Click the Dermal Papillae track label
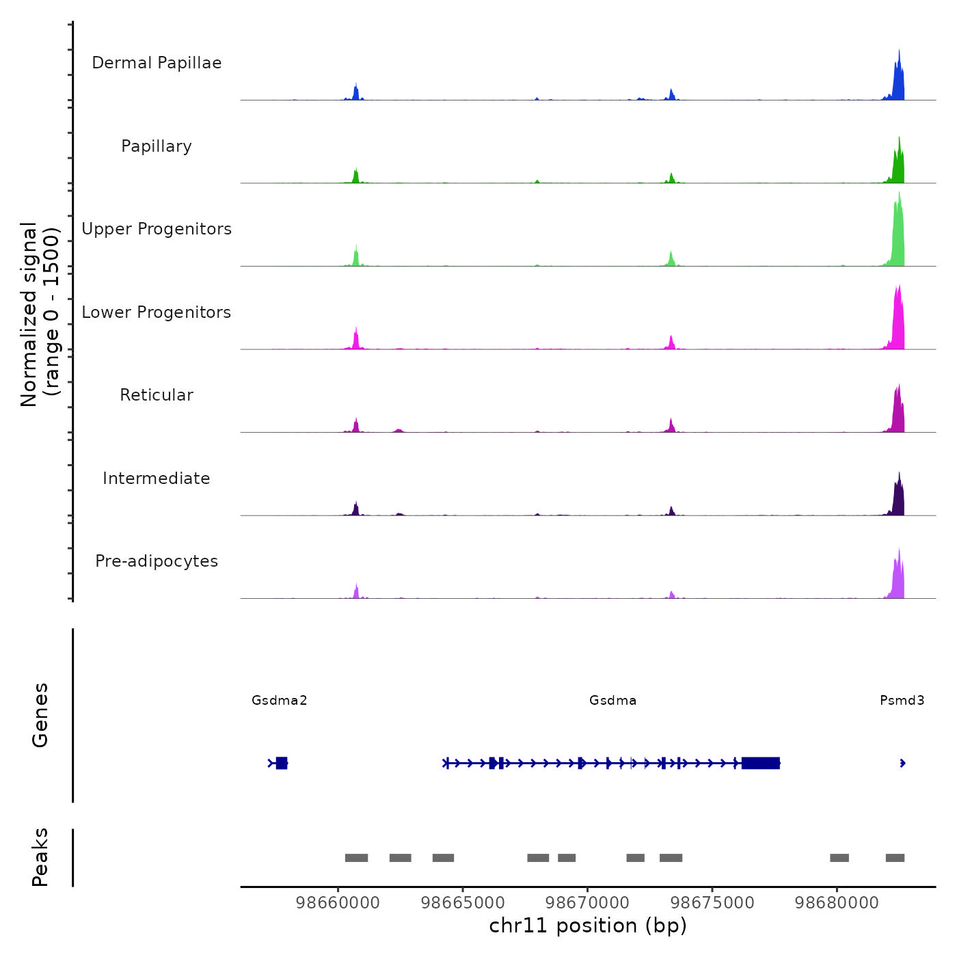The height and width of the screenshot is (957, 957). tap(157, 63)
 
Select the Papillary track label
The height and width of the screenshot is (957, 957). tap(157, 146)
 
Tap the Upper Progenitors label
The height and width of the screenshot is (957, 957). tap(157, 229)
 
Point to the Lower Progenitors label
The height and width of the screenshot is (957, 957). tap(157, 312)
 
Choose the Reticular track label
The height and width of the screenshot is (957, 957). tap(157, 395)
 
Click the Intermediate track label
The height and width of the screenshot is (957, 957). tap(157, 478)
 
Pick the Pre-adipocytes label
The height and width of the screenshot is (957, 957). tap(157, 561)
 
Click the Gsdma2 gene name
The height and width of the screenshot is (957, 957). tap(279, 700)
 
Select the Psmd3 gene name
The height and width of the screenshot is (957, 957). tap(902, 700)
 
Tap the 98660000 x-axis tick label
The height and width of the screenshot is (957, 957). tap(338, 902)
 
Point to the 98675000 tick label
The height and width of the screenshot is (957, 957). tap(712, 902)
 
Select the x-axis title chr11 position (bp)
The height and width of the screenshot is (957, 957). tap(588, 926)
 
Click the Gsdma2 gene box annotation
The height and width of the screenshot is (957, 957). tap(281, 763)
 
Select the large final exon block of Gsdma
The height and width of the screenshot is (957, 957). tap(760, 763)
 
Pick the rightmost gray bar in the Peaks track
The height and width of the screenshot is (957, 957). tap(895, 858)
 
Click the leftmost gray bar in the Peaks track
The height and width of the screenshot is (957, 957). tap(356, 858)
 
